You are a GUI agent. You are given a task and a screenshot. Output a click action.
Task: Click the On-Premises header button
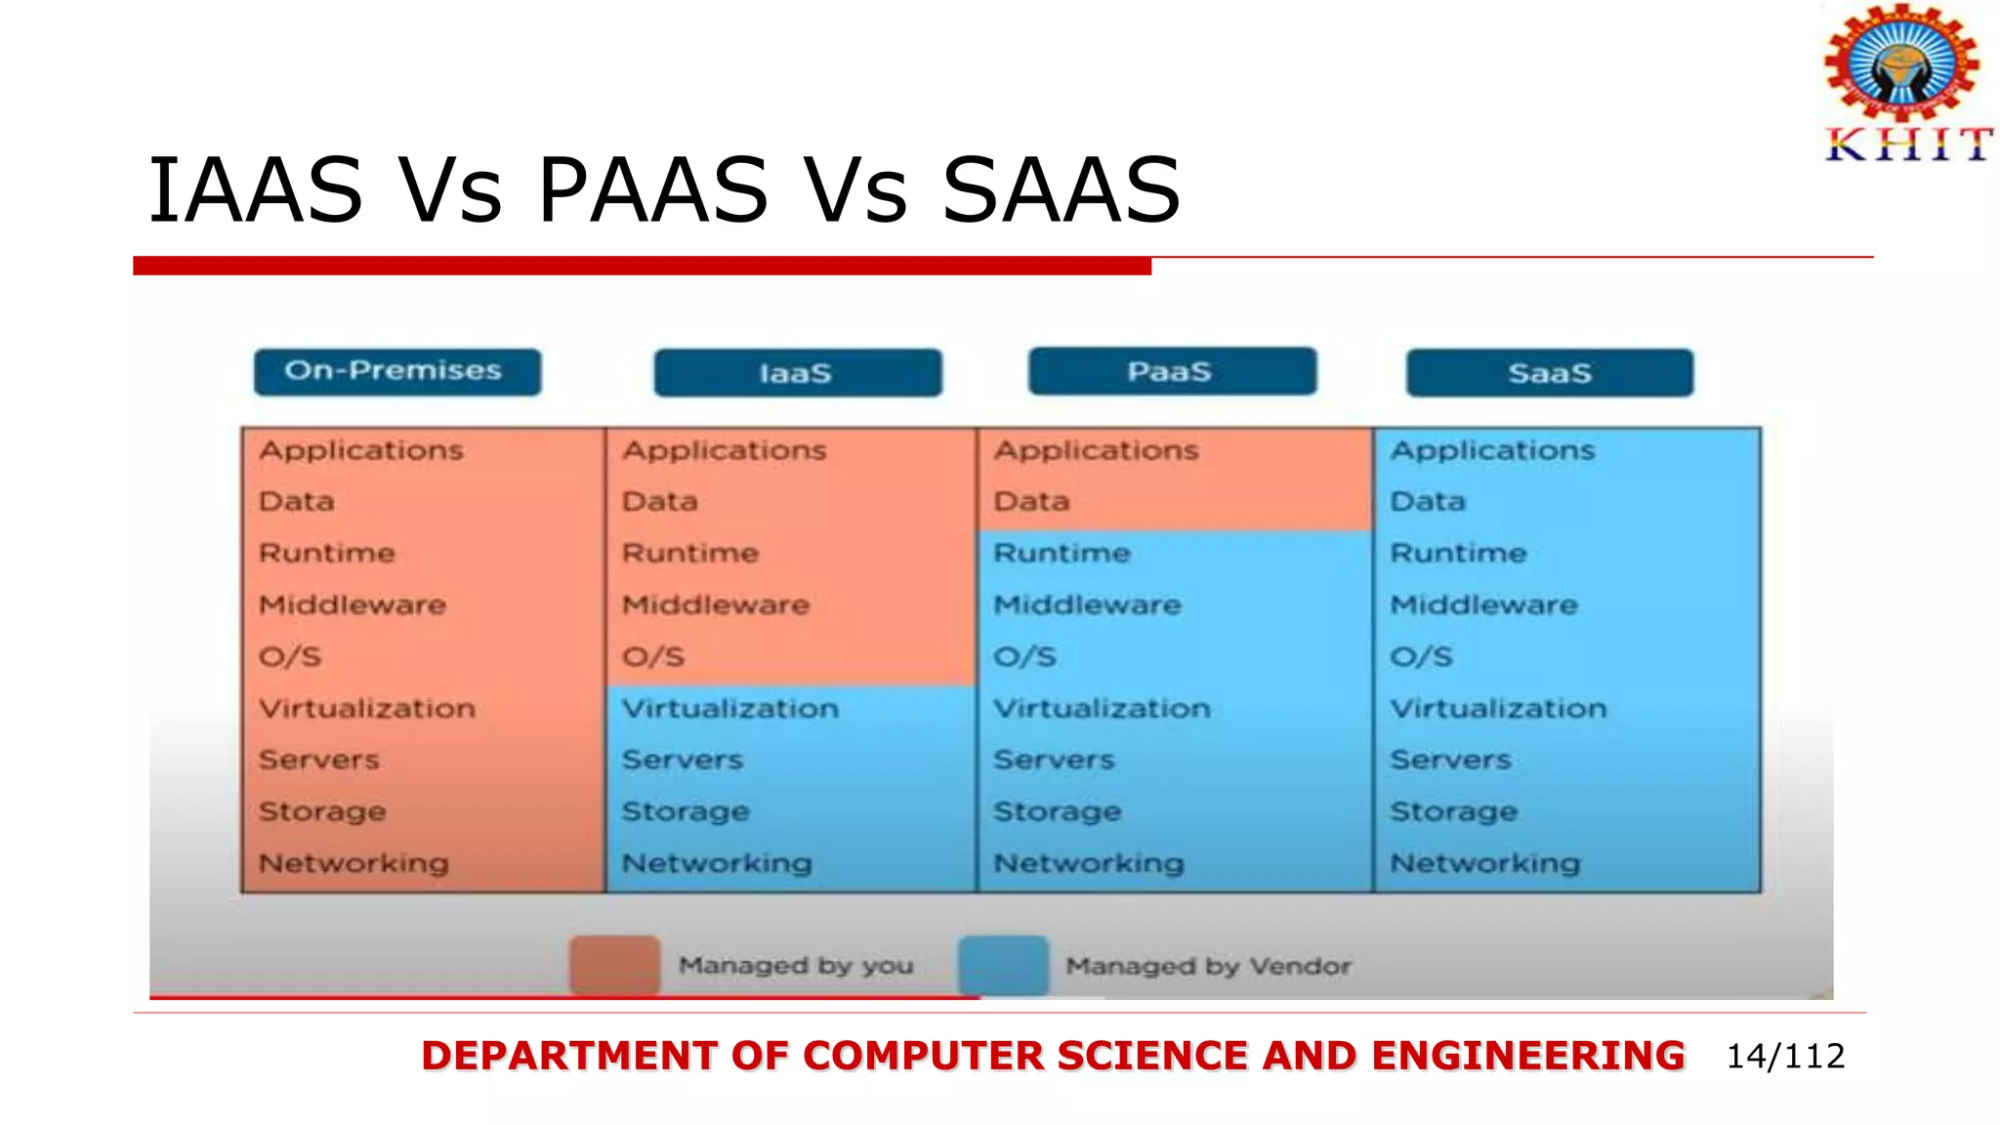pos(396,372)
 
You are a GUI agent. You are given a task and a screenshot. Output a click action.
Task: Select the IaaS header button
pos(797,373)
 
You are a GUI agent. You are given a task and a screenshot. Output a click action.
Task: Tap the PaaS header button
pos(1171,371)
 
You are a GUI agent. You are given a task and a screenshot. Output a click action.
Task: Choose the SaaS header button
pos(1549,373)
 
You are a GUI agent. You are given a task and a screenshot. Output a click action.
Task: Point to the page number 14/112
pos(1785,1056)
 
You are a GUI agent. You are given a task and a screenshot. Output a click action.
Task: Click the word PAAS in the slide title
pos(652,190)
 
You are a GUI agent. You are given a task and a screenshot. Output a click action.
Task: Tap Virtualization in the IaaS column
pos(730,708)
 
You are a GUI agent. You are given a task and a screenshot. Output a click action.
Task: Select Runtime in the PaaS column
pos(1062,553)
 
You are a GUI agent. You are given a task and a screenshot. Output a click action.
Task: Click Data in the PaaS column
pos(1031,501)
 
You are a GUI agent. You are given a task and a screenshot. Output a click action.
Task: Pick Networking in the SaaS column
pos(1484,863)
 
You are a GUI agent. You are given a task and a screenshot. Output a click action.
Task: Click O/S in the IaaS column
pos(653,656)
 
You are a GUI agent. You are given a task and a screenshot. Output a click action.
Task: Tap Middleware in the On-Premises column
pos(353,604)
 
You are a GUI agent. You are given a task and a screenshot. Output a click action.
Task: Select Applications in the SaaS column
pos(1492,450)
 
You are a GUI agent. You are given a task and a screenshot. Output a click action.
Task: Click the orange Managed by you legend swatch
pos(614,965)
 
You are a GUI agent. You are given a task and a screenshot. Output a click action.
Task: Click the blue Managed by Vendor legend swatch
pos(1003,965)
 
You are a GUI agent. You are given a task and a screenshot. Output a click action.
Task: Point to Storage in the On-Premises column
pos(322,812)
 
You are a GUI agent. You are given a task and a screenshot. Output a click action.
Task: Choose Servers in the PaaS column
pos(1054,760)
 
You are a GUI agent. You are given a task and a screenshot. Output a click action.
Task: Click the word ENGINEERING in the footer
pos(1527,1056)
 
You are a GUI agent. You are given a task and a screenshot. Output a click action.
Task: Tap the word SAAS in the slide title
pos(1061,190)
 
